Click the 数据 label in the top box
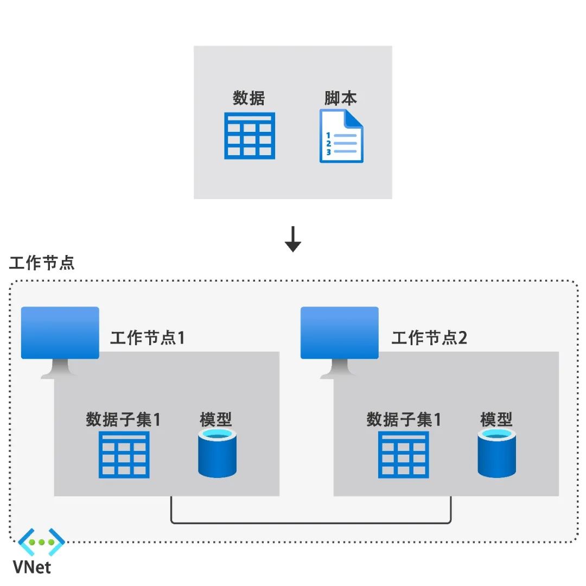click(x=249, y=98)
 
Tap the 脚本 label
click(x=341, y=98)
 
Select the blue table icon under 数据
click(x=250, y=136)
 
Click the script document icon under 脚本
click(x=341, y=136)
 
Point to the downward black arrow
click(x=293, y=239)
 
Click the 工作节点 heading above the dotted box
click(x=42, y=263)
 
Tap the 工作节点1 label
click(x=148, y=338)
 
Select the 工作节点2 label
click(x=429, y=338)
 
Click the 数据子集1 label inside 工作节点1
click(x=123, y=419)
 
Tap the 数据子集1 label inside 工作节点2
click(x=404, y=419)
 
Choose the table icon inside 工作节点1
click(x=124, y=455)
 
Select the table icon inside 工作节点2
click(x=404, y=455)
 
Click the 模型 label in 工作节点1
click(x=216, y=419)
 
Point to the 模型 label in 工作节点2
click(x=496, y=419)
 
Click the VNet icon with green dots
click(x=41, y=542)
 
